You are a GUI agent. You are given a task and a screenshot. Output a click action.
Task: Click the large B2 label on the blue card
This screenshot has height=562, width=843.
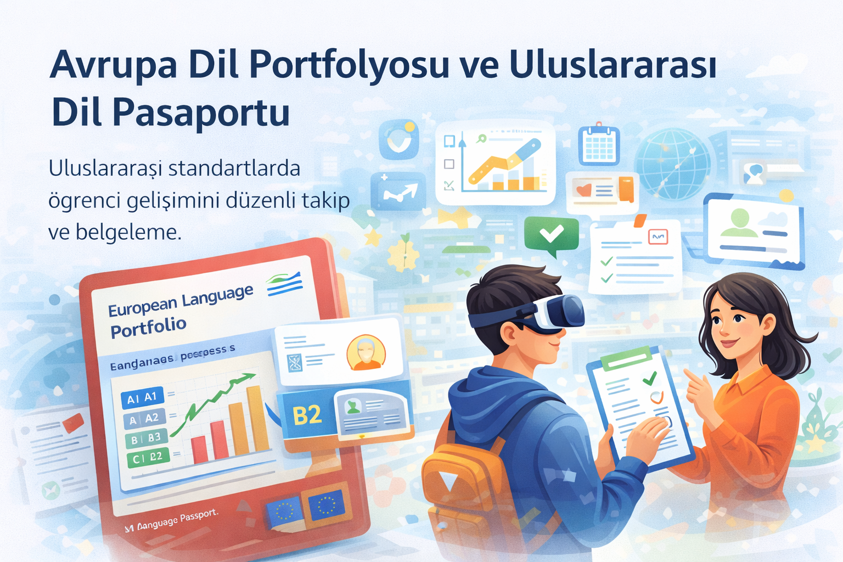[307, 415]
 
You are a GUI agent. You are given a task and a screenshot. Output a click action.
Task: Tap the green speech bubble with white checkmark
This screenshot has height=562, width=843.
[551, 234]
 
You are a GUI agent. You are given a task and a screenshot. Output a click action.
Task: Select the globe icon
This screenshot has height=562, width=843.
[673, 163]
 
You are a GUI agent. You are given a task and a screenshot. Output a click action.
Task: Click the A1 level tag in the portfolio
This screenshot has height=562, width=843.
[142, 398]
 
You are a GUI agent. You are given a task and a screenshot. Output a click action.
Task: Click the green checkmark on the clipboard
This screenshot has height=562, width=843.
[650, 378]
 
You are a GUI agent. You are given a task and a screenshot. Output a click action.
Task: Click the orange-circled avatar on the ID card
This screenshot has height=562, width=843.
[366, 353]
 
